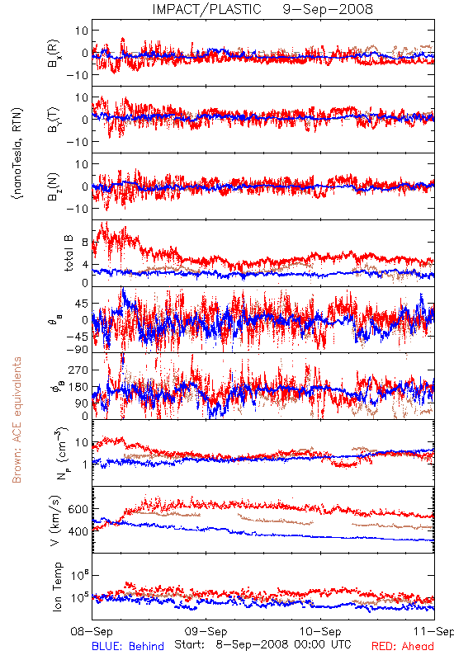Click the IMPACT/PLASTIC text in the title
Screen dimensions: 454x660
(207, 9)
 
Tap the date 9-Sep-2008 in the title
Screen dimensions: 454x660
(328, 9)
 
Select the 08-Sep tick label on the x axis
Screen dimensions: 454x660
(92, 632)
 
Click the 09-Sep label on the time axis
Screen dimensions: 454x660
(206, 632)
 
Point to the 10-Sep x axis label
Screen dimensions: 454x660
(320, 632)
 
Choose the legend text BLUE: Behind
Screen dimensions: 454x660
(128, 646)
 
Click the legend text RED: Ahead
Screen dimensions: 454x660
(403, 646)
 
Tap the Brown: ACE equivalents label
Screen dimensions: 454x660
(17, 420)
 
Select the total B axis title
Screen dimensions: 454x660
(68, 253)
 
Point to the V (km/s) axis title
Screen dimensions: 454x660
(55, 521)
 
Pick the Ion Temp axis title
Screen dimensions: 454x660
(57, 587)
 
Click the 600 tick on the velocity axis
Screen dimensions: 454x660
(78, 509)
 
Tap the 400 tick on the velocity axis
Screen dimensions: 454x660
(78, 531)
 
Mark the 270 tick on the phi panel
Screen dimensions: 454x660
(78, 370)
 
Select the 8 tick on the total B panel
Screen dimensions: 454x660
(85, 243)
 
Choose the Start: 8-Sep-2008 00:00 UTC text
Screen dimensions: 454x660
(262, 644)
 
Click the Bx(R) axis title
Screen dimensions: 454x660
(54, 54)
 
